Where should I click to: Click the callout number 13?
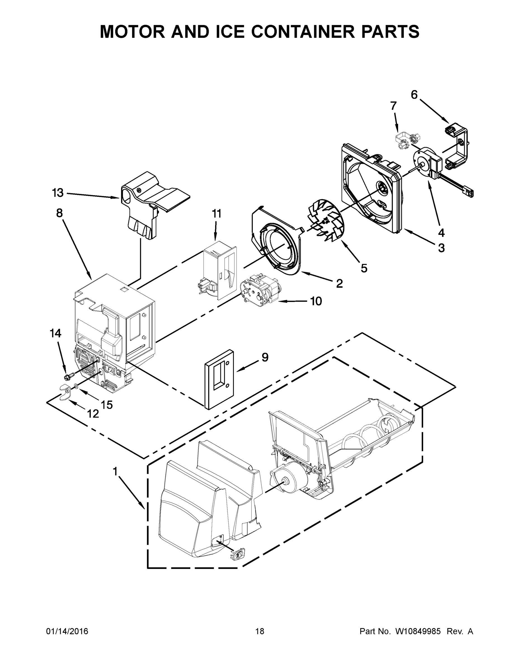coord(58,193)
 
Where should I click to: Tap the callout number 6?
coord(414,95)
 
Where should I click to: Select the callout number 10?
coord(316,301)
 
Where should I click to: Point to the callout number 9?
coord(265,357)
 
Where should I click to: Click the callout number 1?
coord(115,471)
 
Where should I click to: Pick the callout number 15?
coord(107,405)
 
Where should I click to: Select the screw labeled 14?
coord(70,376)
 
